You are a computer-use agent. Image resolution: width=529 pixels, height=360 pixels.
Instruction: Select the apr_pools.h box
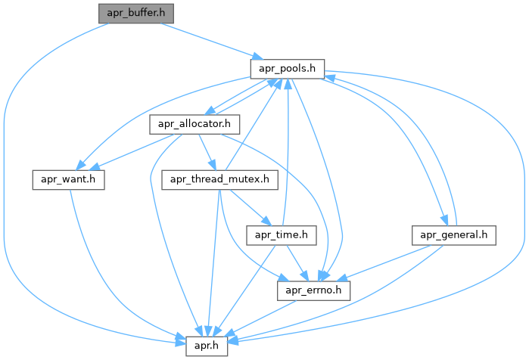(x=288, y=69)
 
